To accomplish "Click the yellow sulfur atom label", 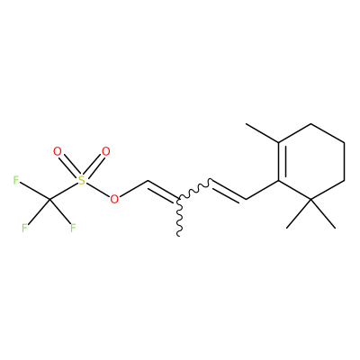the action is tap(81, 180).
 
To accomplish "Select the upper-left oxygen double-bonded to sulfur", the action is tap(57, 151).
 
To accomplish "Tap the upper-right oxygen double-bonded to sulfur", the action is tap(105, 151).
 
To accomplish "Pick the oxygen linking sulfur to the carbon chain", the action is tap(114, 199).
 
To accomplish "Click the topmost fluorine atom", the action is tap(16, 180).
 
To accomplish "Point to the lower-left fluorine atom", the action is tap(24, 229).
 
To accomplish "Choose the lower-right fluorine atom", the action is tap(73, 229).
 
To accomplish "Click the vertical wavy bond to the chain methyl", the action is tap(179, 217).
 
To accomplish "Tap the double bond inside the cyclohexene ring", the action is tap(280, 161).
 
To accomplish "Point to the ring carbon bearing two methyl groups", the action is tap(311, 199).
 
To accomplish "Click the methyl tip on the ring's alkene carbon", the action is tap(246, 123).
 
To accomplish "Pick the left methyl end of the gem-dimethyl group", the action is tap(287, 228).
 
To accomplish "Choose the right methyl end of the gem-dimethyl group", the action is tap(335, 228).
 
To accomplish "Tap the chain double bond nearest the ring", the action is tap(229, 191).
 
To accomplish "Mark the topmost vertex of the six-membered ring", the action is tap(311, 123).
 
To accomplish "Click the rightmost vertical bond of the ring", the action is tap(344, 161).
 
